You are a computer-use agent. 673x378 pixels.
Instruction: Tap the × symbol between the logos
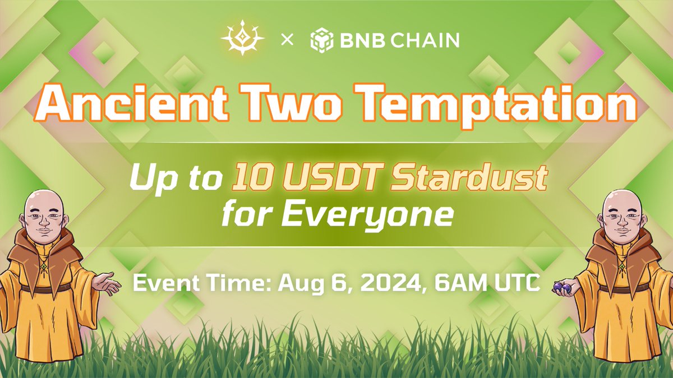pyautogui.click(x=287, y=40)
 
